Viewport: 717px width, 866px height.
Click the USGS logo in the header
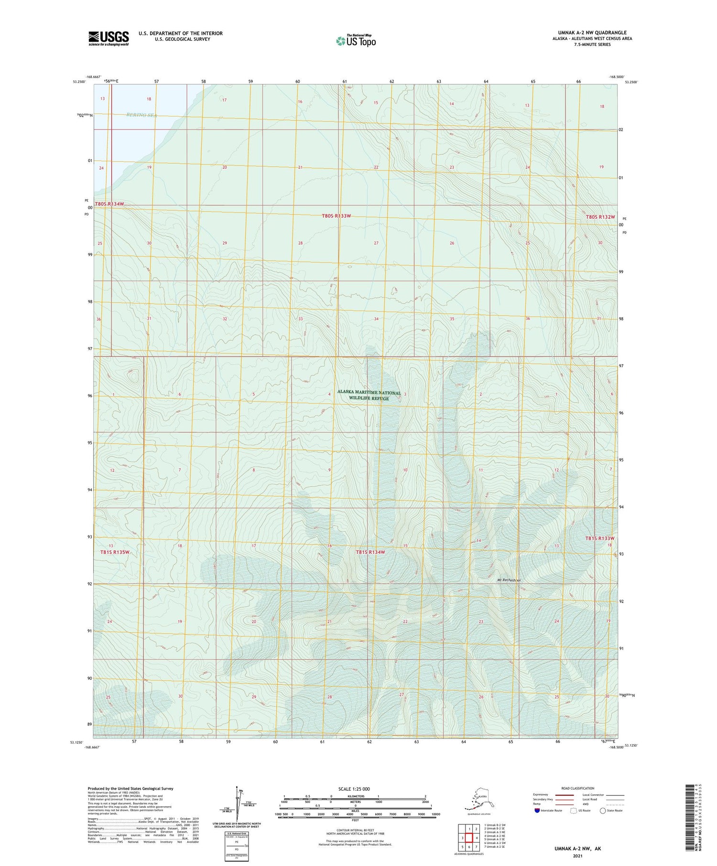tap(109, 38)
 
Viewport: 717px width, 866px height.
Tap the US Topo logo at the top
tap(356, 41)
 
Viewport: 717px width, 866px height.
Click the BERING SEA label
tap(141, 115)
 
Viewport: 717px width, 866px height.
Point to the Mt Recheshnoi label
tap(509, 580)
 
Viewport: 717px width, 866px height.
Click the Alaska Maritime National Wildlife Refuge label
tap(369, 395)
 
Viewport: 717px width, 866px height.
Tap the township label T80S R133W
tap(336, 216)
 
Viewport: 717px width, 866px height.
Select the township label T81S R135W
tap(115, 552)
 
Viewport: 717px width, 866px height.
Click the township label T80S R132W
tap(600, 217)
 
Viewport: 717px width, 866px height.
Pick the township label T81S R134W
tap(370, 552)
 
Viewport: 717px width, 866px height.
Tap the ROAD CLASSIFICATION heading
tap(578, 788)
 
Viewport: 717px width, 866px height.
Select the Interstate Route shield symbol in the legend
tap(537, 810)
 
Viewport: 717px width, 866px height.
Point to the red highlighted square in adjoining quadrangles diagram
tap(469, 838)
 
